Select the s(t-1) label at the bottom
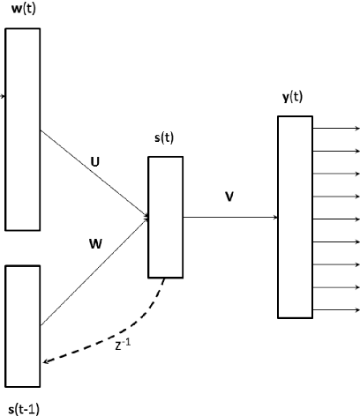[22, 407]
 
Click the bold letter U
[94, 161]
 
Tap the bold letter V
[229, 196]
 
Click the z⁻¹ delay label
[124, 345]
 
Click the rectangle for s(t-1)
[22, 326]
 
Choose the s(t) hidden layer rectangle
[165, 215]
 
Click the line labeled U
[93, 174]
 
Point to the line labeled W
[93, 270]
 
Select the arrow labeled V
[229, 215]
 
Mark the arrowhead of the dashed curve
[45, 360]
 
